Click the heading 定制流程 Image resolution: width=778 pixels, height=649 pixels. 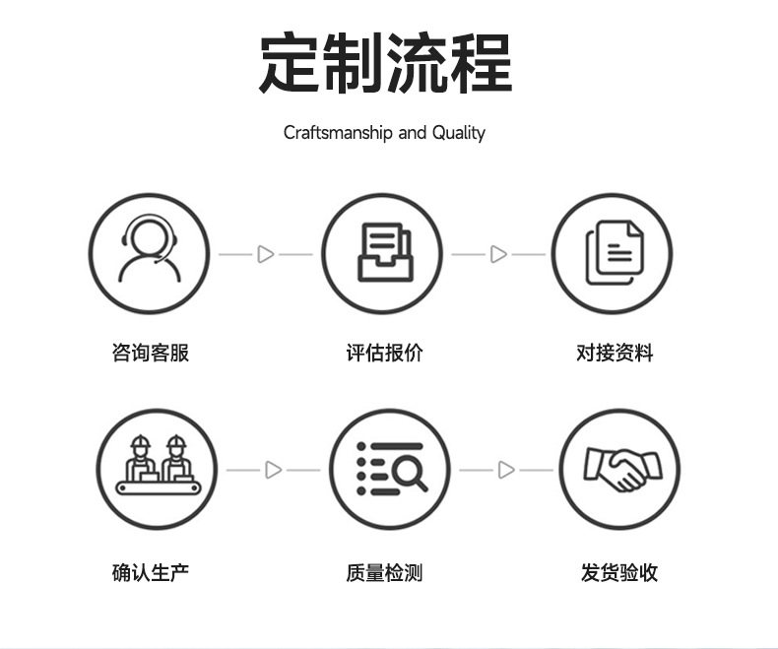tap(385, 64)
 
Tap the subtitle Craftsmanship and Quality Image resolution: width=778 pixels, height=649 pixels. tap(384, 132)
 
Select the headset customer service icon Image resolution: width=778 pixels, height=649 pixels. tap(150, 253)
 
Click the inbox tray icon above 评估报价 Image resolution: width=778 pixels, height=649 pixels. tap(382, 253)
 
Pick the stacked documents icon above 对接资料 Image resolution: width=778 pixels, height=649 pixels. tap(612, 253)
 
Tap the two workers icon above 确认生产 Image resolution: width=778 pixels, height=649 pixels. tap(157, 469)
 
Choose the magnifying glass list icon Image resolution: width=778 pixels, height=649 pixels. tap(390, 469)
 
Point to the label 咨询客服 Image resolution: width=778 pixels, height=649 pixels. tap(150, 353)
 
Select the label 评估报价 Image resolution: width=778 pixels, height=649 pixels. tap(384, 353)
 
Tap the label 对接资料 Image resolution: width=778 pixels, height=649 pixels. tap(615, 353)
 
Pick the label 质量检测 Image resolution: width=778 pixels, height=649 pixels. tap(384, 571)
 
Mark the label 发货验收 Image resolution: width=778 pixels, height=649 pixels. tap(618, 571)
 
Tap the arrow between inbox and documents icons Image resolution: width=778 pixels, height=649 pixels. tap(498, 254)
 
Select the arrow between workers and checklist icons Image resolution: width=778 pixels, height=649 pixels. tap(274, 470)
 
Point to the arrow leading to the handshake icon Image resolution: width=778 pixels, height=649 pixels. tap(506, 470)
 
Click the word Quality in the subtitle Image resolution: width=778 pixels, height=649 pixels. tap(458, 132)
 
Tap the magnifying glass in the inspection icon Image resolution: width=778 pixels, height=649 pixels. tap(410, 475)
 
